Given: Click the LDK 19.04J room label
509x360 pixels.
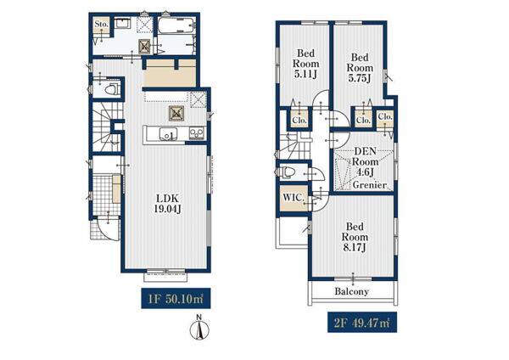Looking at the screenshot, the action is (x=167, y=204).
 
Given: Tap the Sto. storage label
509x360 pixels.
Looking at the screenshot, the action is (x=101, y=24).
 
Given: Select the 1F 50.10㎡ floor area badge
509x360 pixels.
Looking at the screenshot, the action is (x=176, y=298).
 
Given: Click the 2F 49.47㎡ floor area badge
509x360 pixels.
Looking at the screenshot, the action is (x=362, y=323).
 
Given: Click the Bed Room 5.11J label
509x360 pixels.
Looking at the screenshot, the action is (x=305, y=64).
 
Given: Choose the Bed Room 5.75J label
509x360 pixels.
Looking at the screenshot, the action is (x=360, y=68).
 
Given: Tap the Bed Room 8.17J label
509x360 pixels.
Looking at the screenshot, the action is (x=355, y=237).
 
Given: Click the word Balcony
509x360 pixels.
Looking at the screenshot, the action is (x=351, y=291).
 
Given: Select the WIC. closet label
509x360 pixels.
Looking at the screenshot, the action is (x=294, y=197).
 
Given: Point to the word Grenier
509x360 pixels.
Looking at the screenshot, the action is (x=370, y=185).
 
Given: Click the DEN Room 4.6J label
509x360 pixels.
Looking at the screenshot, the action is (x=365, y=161).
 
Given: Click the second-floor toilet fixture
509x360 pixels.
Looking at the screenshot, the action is (x=287, y=172).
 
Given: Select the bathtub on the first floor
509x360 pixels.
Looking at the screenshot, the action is (x=176, y=25).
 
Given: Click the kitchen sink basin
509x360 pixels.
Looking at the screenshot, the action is (x=168, y=134).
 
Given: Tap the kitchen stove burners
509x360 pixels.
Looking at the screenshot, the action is (x=197, y=133).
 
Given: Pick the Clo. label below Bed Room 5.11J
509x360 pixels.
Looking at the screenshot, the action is (x=299, y=121).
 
